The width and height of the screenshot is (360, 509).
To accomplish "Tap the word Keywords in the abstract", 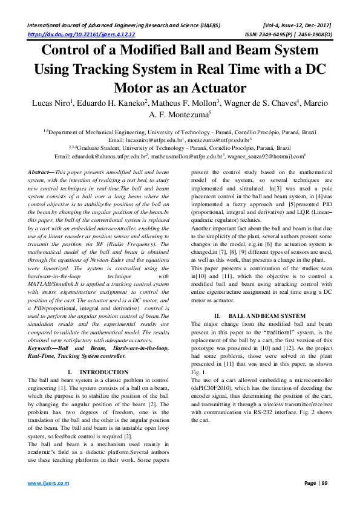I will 44,349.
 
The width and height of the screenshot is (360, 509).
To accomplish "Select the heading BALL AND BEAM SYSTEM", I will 267,316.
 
